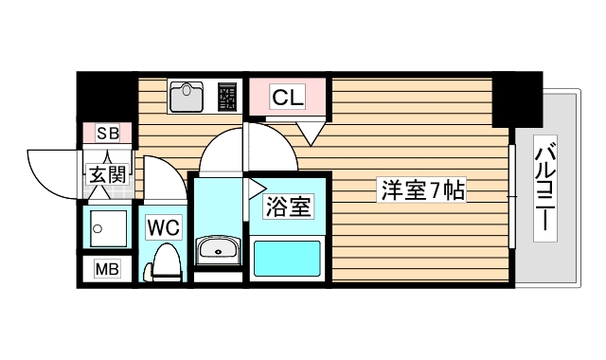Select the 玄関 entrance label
click(106, 173)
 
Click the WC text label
click(163, 228)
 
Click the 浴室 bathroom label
click(287, 206)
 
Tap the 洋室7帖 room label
click(422, 189)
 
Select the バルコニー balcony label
click(545, 189)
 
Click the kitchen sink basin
click(187, 96)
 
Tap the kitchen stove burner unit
click(228, 97)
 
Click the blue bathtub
click(288, 257)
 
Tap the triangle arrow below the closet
click(310, 134)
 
